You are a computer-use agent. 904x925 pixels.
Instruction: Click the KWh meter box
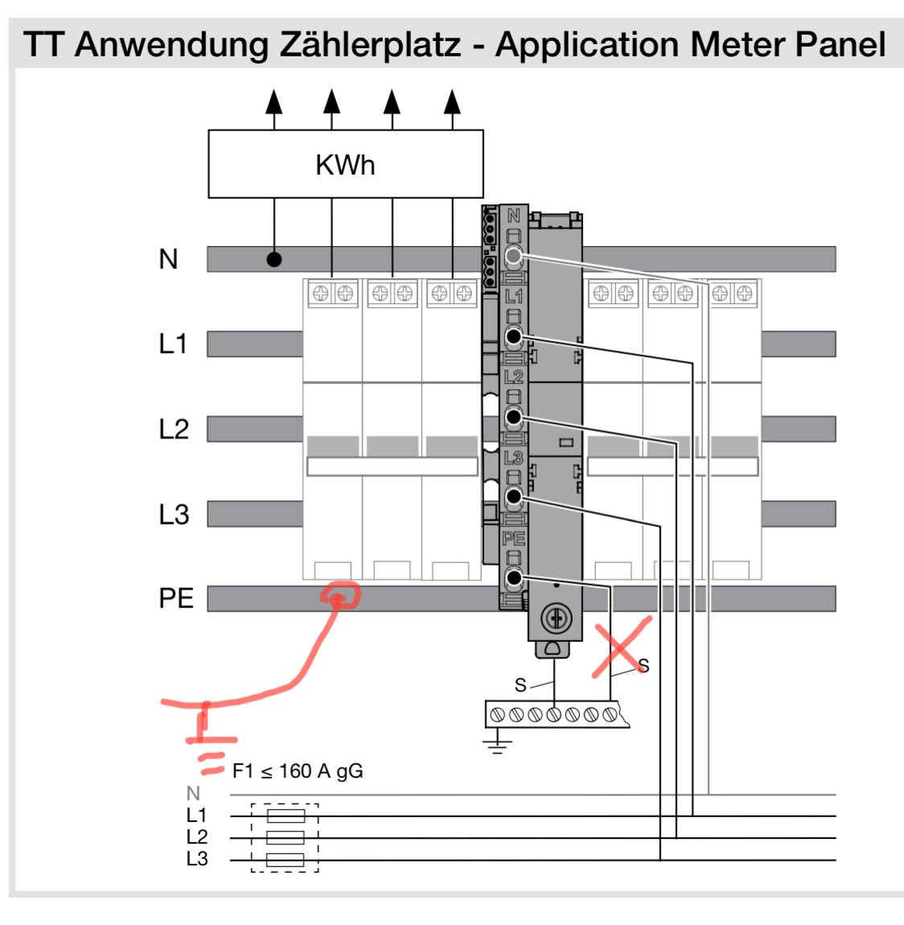(x=346, y=164)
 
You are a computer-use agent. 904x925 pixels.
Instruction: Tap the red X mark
(x=621, y=647)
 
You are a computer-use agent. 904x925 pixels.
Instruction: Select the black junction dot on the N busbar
(x=273, y=259)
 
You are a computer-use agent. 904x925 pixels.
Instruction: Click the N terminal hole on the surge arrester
(x=514, y=256)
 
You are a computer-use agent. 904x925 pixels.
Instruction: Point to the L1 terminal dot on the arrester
(x=514, y=337)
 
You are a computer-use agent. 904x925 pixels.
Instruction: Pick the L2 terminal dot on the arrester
(x=514, y=417)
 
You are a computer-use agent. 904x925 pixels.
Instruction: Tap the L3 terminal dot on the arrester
(x=514, y=497)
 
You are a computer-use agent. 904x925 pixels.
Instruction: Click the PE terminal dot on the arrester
(x=514, y=578)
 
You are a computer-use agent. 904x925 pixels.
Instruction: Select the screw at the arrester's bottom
(x=556, y=619)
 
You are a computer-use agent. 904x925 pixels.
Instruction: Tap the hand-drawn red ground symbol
(x=203, y=738)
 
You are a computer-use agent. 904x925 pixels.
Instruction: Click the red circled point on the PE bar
(x=339, y=596)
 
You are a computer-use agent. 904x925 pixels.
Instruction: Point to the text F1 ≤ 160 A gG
(x=298, y=771)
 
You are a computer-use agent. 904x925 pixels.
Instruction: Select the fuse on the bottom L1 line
(x=286, y=816)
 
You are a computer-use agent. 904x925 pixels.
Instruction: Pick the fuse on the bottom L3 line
(x=286, y=860)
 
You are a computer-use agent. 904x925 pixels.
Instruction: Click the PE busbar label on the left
(x=175, y=598)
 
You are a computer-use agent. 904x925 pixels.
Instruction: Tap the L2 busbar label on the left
(x=174, y=429)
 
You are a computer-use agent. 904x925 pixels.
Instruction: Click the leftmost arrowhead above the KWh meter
(x=273, y=101)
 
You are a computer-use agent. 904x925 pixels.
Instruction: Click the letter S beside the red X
(x=643, y=666)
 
